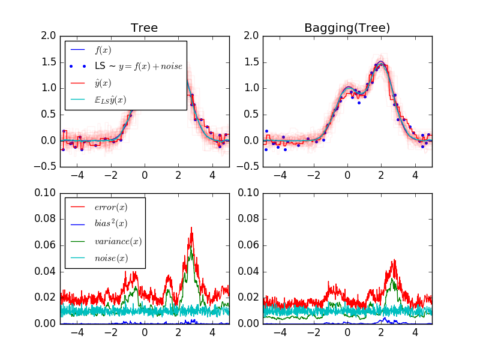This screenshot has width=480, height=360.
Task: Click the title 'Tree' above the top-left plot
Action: click(x=144, y=28)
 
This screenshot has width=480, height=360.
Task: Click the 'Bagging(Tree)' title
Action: click(x=347, y=28)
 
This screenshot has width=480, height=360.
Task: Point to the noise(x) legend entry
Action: click(x=112, y=259)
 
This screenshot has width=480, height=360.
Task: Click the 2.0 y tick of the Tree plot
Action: click(x=49, y=36)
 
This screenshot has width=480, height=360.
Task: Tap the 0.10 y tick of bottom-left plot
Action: click(x=46, y=193)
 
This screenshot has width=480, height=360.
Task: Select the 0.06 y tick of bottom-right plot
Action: click(x=248, y=245)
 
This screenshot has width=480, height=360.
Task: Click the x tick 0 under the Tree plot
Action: click(x=145, y=176)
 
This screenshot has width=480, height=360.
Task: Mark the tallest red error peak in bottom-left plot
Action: click(x=191, y=227)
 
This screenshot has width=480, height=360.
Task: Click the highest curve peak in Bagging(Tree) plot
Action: click(x=380, y=61)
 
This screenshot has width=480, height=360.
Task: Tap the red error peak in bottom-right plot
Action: click(x=394, y=260)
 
